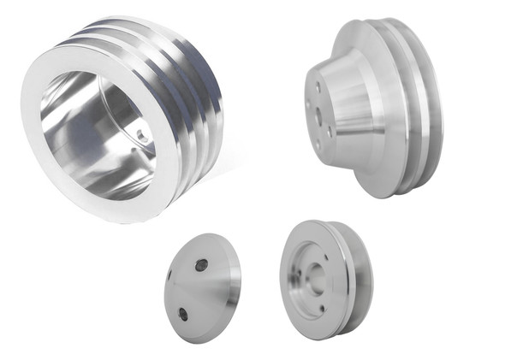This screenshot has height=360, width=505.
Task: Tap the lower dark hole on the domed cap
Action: point(183,315)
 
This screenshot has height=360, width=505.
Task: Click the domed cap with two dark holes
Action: point(201,291)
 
